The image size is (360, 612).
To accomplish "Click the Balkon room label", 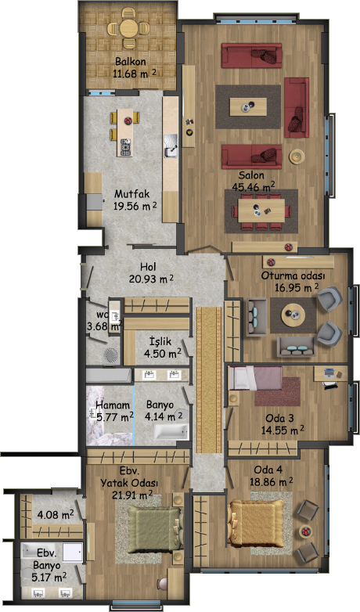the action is [131, 62].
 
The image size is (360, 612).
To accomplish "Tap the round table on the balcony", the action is [128, 28].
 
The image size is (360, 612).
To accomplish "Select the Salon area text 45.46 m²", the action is [254, 186].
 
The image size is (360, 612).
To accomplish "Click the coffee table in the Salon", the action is [248, 106].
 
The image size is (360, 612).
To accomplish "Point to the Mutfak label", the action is [131, 194].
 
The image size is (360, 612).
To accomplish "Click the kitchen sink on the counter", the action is [171, 146].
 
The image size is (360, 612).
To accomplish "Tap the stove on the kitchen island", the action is [126, 147].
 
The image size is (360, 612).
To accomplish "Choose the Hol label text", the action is [148, 267].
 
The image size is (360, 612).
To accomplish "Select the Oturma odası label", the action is [293, 276].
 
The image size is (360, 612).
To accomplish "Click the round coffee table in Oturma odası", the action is [293, 315].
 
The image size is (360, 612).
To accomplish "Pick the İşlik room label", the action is [160, 341].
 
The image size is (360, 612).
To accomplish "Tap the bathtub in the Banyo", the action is [171, 432].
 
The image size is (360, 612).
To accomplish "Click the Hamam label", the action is [113, 405].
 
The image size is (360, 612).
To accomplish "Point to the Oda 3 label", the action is [279, 419].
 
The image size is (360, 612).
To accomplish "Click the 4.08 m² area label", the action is [56, 515].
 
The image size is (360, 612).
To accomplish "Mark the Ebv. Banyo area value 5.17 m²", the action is [49, 576].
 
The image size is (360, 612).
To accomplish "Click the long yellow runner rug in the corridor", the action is [209, 380].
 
